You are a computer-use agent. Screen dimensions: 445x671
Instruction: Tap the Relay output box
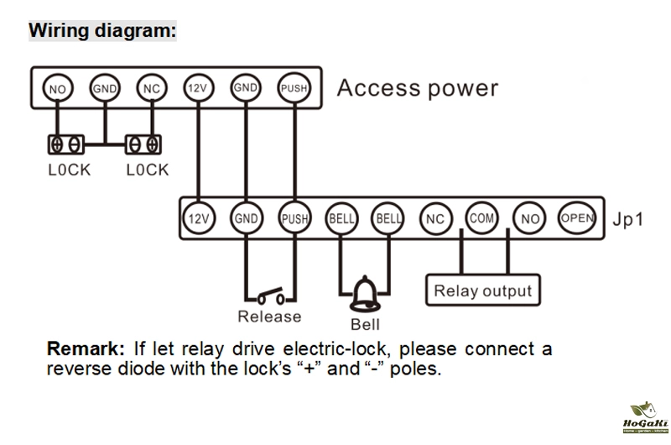(x=482, y=291)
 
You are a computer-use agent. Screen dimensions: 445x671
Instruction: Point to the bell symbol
(x=364, y=293)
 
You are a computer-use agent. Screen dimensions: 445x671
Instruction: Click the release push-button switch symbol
(x=270, y=296)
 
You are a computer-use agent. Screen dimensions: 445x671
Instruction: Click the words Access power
(x=417, y=88)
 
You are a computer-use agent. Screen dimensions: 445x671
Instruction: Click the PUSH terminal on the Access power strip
(x=293, y=88)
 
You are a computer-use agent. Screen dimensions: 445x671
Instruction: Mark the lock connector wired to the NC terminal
(x=143, y=144)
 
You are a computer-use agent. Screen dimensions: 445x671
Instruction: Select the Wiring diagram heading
(x=103, y=31)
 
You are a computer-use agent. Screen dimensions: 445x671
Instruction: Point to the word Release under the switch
(x=269, y=317)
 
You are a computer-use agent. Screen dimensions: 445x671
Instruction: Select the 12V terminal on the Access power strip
(x=198, y=88)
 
